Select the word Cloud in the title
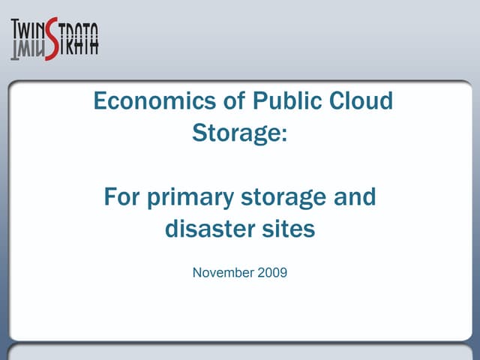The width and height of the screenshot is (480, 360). pyautogui.click(x=361, y=101)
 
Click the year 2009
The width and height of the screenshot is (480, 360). pyautogui.click(x=273, y=272)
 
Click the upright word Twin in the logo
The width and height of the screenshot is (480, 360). pyautogui.click(x=28, y=31)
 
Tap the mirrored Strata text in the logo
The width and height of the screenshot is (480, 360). pyautogui.click(x=79, y=46)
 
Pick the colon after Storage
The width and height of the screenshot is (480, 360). pyautogui.click(x=284, y=136)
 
